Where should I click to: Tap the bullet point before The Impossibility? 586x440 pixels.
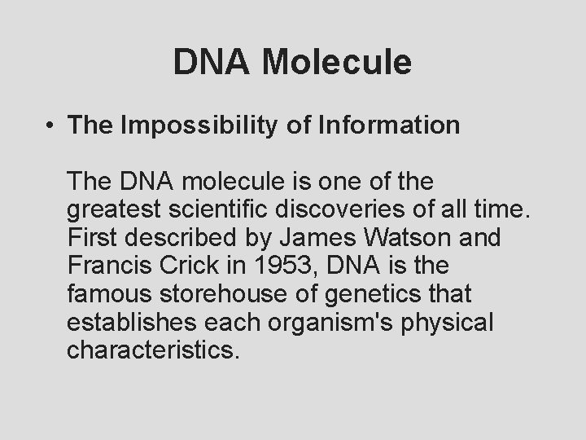coord(50,126)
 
